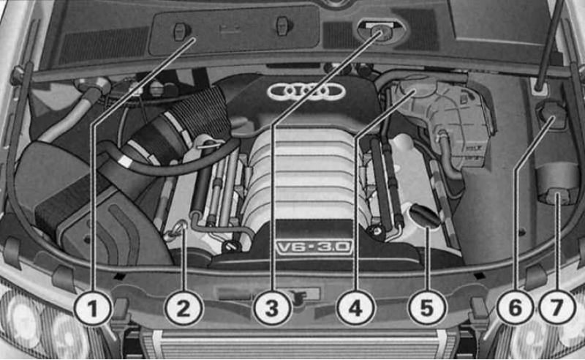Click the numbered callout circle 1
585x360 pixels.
tap(93, 309)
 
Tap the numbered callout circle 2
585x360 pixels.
tap(184, 309)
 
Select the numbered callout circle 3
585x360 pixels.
tap(272, 309)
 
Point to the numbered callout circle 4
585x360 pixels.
tap(355, 309)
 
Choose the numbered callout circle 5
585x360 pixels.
tap(427, 309)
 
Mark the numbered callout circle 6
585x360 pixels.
tap(516, 309)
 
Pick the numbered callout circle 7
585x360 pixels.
tap(556, 309)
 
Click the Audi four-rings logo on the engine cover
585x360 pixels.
tap(306, 91)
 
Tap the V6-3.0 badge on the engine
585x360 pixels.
tap(314, 247)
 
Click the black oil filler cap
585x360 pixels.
tap(426, 215)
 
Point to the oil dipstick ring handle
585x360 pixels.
tap(181, 226)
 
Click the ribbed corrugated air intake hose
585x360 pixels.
tap(202, 116)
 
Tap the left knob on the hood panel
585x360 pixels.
tap(181, 31)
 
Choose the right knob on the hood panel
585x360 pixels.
tap(284, 26)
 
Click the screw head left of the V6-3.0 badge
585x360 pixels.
tap(230, 246)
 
